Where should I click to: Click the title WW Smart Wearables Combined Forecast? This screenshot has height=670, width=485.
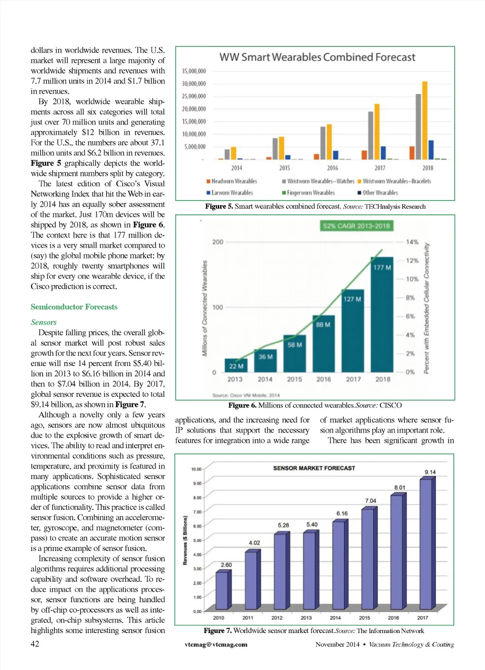coord(317,57)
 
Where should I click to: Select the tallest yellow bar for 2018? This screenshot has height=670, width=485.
coord(425,120)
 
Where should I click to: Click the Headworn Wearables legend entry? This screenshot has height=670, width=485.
coord(232,181)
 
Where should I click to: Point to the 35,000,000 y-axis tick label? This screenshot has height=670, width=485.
coord(194,71)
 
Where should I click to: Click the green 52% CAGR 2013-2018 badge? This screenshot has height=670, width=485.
coord(356,226)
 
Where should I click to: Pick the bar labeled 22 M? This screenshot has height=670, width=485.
coord(236,365)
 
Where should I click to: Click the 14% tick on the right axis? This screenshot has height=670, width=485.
coord(412,242)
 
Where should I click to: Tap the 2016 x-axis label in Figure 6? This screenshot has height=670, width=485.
coord(323,379)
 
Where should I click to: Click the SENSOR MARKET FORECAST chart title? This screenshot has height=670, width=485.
coord(314,468)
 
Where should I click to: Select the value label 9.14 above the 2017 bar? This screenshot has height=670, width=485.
coord(430,472)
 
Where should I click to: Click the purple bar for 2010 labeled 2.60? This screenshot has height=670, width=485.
coord(222,590)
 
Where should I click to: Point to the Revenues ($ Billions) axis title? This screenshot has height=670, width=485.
coord(185,541)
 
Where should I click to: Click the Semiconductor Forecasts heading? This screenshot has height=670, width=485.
coord(74,307)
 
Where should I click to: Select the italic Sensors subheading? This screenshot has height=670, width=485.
coord(44,322)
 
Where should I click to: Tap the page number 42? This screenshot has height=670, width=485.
coord(35,643)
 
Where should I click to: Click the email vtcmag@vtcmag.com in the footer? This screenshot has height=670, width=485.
coord(216,644)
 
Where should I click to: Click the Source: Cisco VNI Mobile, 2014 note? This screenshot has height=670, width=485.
coord(246,395)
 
